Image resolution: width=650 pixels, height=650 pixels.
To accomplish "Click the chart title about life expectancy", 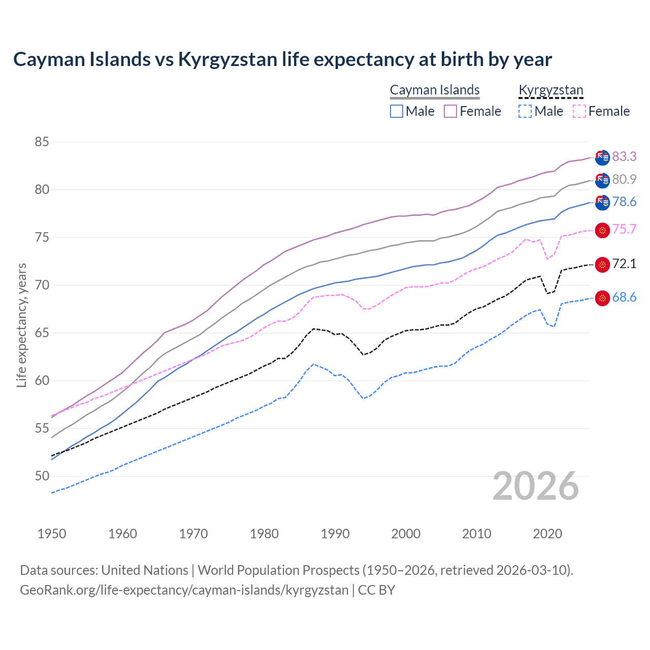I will pos(282,59).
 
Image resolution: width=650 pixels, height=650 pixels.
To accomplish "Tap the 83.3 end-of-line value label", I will pos(624,156).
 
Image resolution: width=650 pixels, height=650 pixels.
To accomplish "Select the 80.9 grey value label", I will pos(624,179).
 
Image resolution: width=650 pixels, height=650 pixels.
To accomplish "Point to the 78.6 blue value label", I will pos(624,202).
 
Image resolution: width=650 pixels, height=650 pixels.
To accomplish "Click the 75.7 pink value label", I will pos(624,229).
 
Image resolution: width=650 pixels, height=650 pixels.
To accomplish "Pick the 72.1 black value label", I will pos(624,264).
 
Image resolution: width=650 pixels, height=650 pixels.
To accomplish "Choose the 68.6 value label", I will pos(624,297).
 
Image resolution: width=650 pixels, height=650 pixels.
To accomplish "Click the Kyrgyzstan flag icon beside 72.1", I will pos(602,265).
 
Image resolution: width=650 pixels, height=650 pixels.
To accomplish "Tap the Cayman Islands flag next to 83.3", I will pos(602,157).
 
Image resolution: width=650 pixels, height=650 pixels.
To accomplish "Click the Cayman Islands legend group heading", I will pos(435,90).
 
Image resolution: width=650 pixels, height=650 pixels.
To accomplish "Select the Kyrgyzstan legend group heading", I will pos(551,90).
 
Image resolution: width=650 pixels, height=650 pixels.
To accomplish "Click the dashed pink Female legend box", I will pos(579,111).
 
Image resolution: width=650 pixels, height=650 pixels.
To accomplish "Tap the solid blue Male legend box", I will pos(397,111).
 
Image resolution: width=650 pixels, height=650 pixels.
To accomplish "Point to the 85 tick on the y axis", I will pos(42,142).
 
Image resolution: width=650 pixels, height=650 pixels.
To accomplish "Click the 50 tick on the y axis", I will pos(42,476).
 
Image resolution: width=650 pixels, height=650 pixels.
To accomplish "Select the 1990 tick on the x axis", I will pos(335,534).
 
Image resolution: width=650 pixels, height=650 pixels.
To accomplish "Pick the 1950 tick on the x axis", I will pos(52,534).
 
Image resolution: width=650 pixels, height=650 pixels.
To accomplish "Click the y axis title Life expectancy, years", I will pos(21,325).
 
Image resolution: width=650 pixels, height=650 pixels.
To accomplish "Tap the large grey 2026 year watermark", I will pos(536,486).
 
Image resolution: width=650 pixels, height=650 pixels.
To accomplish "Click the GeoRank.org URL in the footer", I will pos(184,590).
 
